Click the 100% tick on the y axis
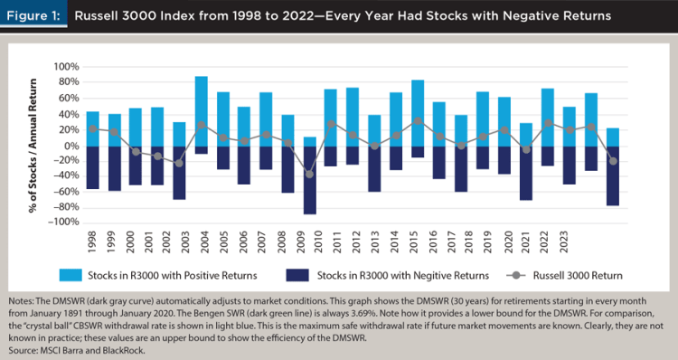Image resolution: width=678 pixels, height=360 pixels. coord(66,67)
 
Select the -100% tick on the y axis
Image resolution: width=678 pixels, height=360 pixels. coord(63,223)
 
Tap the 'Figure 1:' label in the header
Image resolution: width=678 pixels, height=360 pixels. coord(33,16)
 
